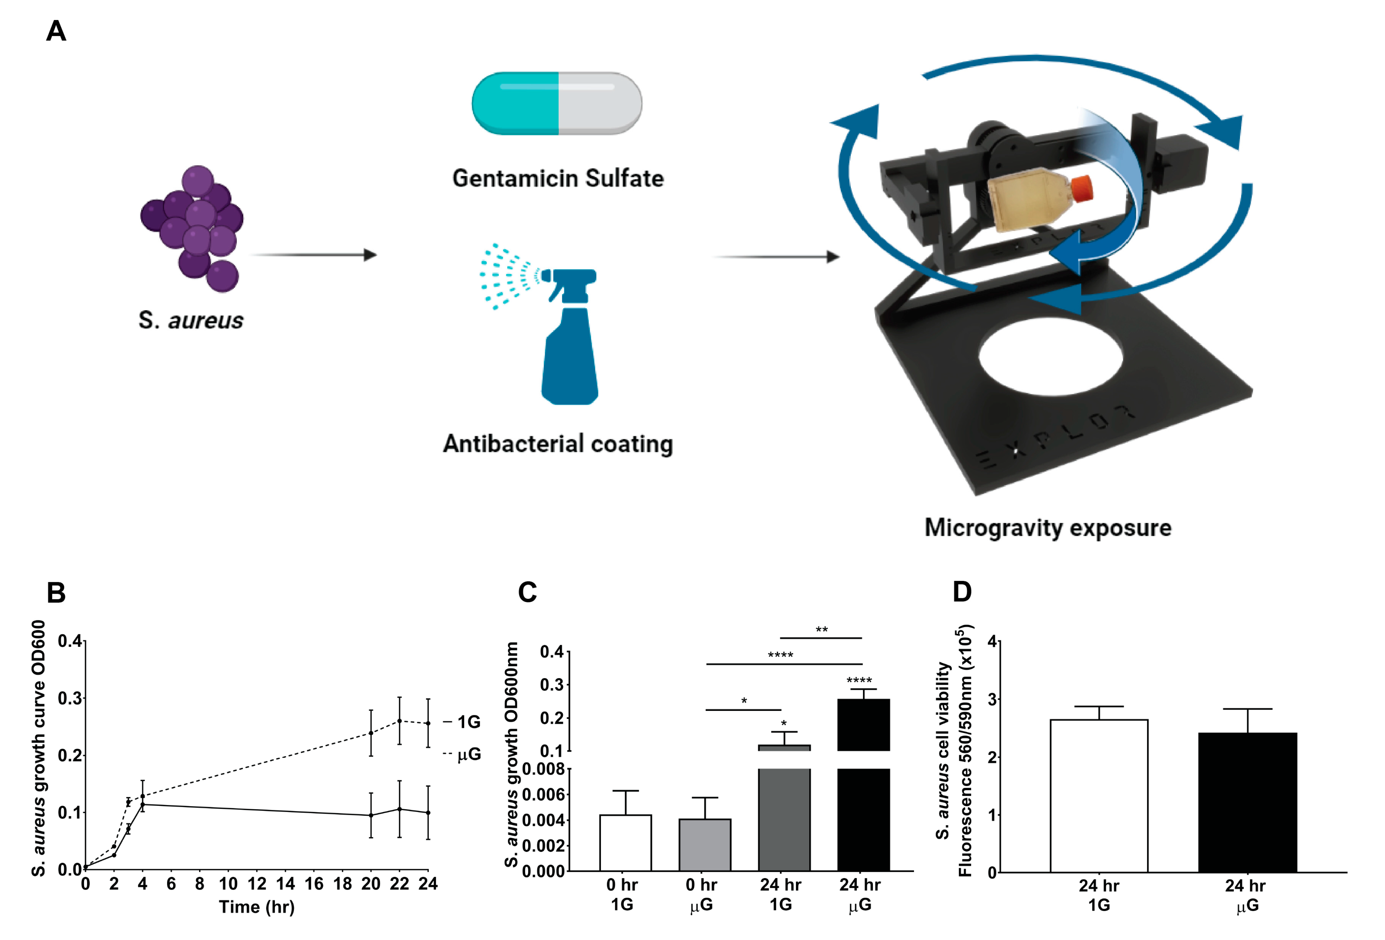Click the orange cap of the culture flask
click(1082, 188)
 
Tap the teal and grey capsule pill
click(557, 103)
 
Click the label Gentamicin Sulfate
click(558, 178)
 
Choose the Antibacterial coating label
click(558, 444)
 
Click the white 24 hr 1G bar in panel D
click(1098, 795)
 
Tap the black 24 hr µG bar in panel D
click(1247, 802)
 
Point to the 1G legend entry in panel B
click(465, 722)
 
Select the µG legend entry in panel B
click(465, 755)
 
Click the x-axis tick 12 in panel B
click(257, 884)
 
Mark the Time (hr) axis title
click(257, 907)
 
